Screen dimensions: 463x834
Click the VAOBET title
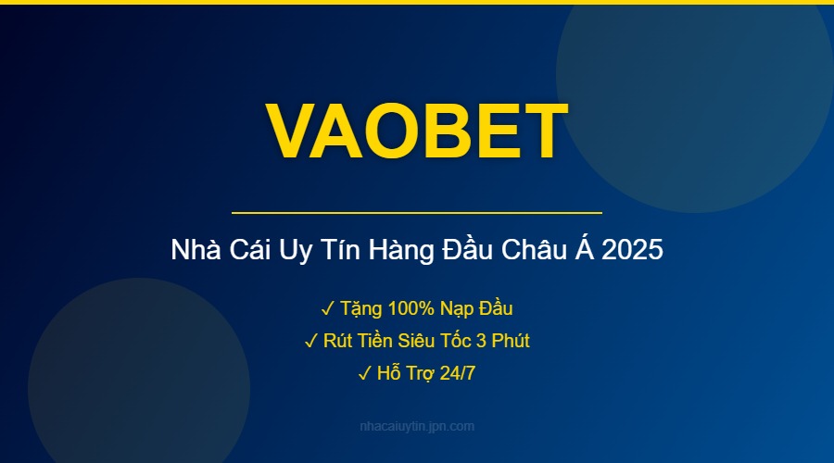point(417,131)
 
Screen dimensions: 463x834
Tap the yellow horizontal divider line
point(417,213)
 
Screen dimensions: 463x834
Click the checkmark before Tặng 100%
point(328,308)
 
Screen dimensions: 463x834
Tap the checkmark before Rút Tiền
point(311,341)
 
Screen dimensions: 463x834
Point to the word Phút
point(510,341)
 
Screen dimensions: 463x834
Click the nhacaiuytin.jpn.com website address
point(417,427)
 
